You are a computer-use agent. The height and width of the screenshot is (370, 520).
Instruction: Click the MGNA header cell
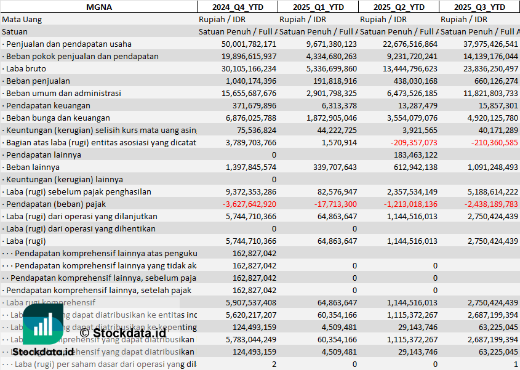(98, 7)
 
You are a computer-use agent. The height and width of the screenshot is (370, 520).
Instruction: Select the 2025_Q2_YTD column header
(399, 7)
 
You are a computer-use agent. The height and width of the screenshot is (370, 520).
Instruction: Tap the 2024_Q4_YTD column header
(237, 7)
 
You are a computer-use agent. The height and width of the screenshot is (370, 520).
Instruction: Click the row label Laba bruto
(23, 68)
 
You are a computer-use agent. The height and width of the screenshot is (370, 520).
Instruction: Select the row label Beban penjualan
(36, 81)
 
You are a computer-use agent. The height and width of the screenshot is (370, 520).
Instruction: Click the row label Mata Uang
(22, 19)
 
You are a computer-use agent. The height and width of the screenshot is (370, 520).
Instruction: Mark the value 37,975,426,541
(484, 44)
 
